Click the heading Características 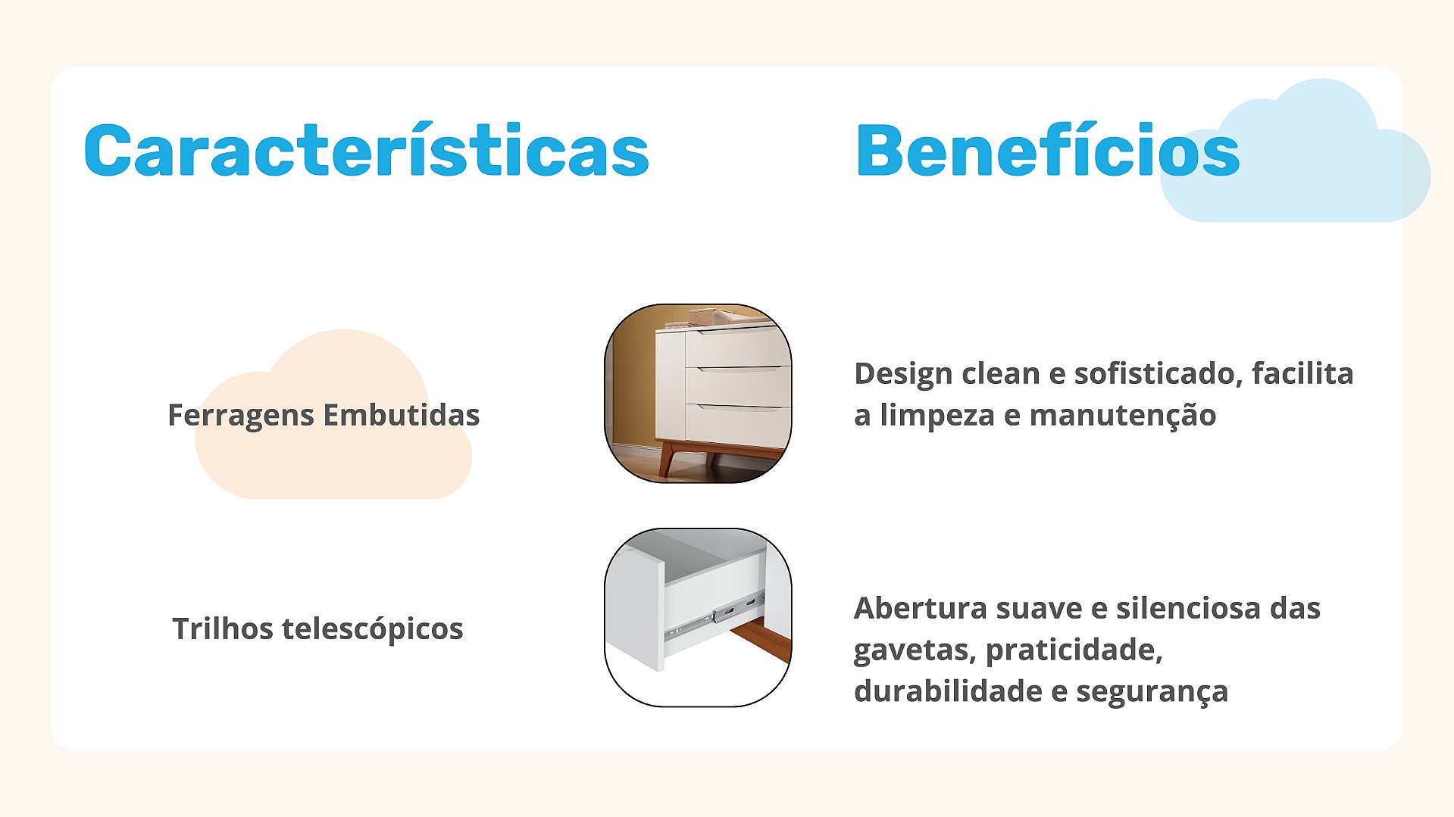click(367, 150)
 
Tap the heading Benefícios click(1048, 150)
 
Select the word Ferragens click(240, 416)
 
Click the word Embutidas click(402, 415)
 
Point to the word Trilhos click(222, 628)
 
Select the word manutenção click(1123, 416)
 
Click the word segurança click(1152, 692)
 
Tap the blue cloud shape click(1296, 151)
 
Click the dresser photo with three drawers click(698, 394)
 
